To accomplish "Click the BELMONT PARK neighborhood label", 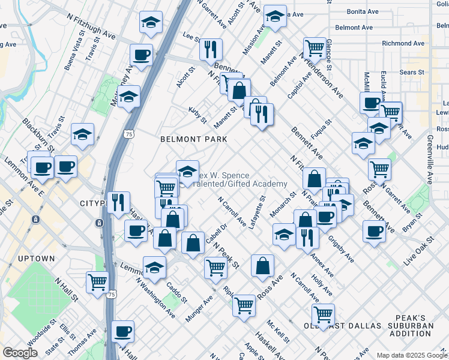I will point(193,139).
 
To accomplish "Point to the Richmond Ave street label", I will point(404,43).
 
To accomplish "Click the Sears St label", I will point(412,72).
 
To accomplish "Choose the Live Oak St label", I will point(418,252).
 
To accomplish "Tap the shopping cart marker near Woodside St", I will point(97,281).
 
